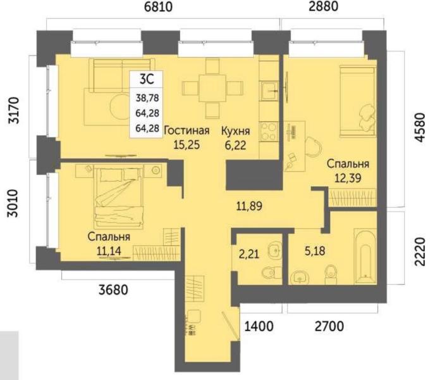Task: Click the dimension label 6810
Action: pos(159,7)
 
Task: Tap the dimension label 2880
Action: pos(324,6)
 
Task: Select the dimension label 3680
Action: pos(113,290)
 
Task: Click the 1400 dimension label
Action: pos(259,326)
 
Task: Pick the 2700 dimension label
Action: pos(329,326)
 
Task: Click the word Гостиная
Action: pos(187,130)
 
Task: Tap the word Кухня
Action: pos(236,131)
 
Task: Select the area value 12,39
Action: pos(348,178)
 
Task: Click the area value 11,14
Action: pos(109,251)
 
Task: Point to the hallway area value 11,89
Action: pos(249,206)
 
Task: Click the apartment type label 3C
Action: pos(147,80)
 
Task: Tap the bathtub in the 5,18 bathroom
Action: pos(365,256)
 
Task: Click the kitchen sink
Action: pos(269,91)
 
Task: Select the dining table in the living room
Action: pos(212,89)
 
